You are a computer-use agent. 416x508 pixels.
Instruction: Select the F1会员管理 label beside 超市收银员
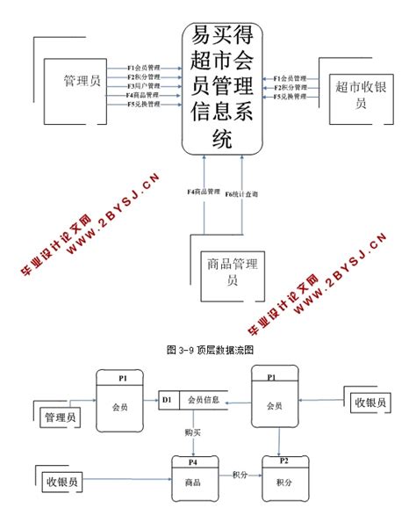point(290,78)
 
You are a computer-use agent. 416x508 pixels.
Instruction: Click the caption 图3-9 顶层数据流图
point(208,349)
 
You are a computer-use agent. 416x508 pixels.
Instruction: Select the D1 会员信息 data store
point(194,400)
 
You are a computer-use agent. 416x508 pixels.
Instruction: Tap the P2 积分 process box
point(283,475)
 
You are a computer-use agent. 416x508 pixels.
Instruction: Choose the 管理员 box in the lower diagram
point(59,416)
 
